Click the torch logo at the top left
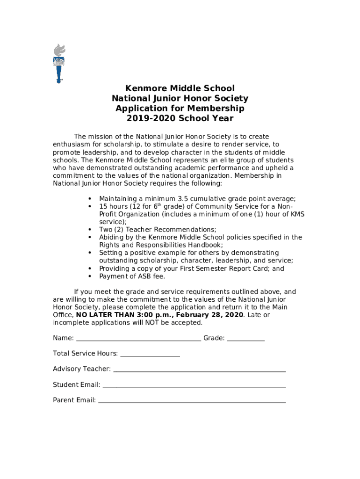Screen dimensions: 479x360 [59, 63]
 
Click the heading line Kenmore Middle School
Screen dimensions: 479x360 [180, 88]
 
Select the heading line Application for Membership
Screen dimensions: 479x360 [180, 109]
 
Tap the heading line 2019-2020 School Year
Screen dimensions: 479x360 [180, 118]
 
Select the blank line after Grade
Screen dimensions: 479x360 [246, 339]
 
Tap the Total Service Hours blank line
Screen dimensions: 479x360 [150, 355]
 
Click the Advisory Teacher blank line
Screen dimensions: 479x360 [200, 370]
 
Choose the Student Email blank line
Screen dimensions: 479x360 [194, 385]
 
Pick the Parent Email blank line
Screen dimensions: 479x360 [192, 401]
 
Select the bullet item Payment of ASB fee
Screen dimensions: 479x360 [132, 276]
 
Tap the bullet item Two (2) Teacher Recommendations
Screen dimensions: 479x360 [158, 230]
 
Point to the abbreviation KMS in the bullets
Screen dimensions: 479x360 [297, 214]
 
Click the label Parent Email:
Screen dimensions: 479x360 [74, 400]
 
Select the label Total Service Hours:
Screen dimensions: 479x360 [85, 354]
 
